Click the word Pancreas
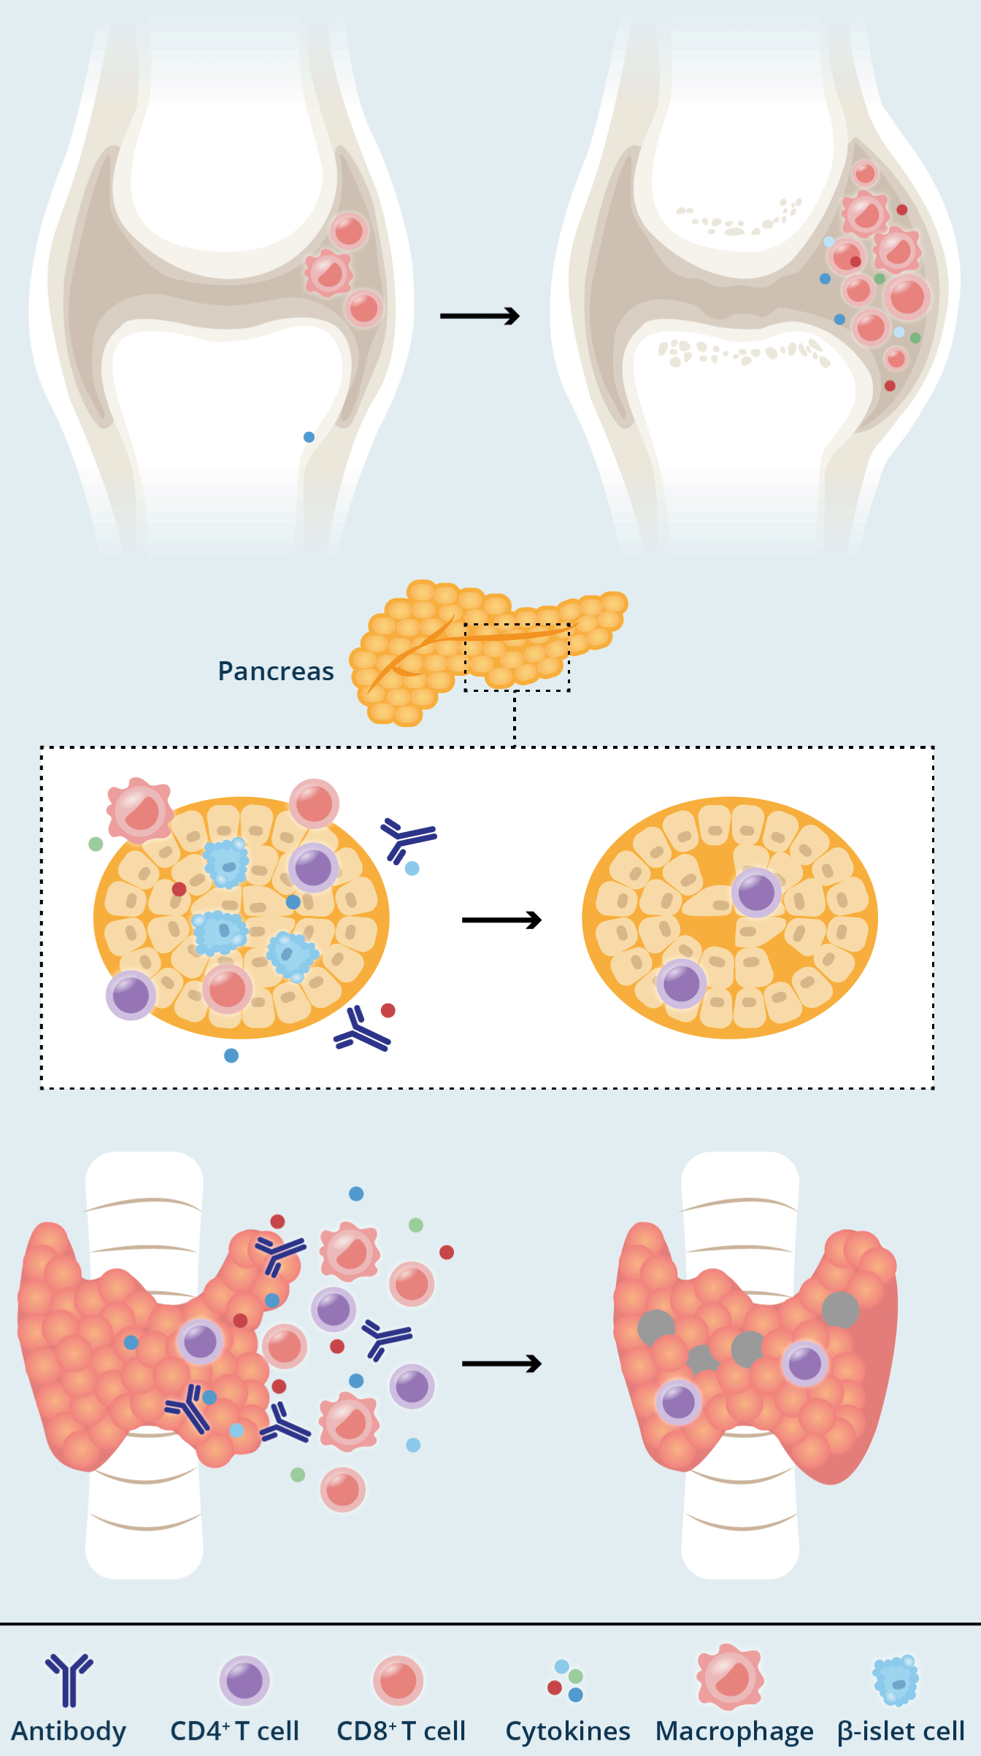pos(276,671)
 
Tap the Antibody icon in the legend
pos(69,1679)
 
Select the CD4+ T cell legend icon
pos(245,1680)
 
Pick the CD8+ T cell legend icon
pos(398,1680)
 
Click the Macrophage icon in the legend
pos(730,1677)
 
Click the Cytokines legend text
pos(568,1731)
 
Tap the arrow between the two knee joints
pos(480,316)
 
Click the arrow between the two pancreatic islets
pos(501,920)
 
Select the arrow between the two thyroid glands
pos(501,1363)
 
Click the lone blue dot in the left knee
pos(309,437)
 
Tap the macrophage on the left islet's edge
pos(140,810)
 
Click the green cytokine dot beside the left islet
pos(96,844)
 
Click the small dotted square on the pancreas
pos(517,657)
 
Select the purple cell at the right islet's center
pos(756,892)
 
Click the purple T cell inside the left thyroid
pos(200,1341)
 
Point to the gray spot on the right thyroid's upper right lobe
pos(840,1310)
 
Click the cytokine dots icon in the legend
pos(566,1680)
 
